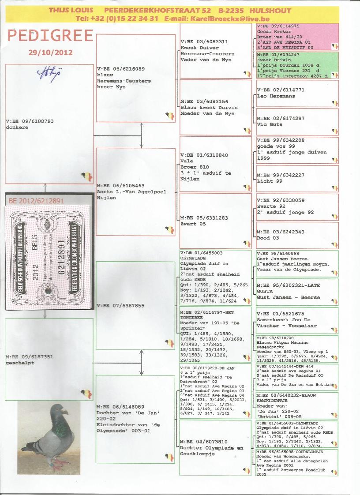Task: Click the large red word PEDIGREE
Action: [x=50, y=36]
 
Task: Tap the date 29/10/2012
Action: [x=50, y=52]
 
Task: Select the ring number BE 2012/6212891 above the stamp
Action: [x=37, y=201]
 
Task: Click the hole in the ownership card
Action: [x=48, y=291]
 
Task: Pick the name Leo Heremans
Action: [x=276, y=96]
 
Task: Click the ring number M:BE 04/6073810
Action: [x=203, y=442]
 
